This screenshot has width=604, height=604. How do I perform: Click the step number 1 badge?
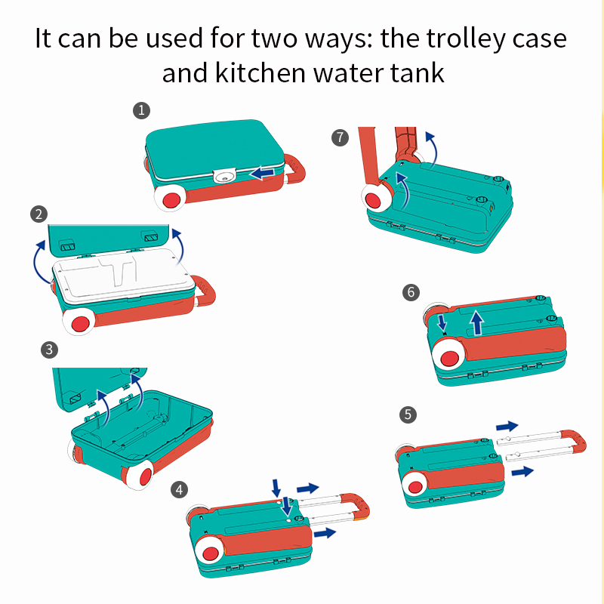click(x=141, y=110)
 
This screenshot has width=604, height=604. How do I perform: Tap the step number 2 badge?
click(x=39, y=214)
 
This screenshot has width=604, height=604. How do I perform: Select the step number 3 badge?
click(x=49, y=350)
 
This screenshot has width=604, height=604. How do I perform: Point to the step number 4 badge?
click(x=179, y=490)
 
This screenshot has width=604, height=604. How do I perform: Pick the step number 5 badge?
click(x=408, y=414)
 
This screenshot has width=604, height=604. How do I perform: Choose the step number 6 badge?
click(x=411, y=292)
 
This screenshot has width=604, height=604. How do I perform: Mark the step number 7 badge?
click(x=341, y=137)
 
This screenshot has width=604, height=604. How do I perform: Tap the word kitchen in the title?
click(x=260, y=72)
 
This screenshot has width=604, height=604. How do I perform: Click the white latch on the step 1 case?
click(x=225, y=176)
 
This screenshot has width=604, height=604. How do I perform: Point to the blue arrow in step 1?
click(x=262, y=173)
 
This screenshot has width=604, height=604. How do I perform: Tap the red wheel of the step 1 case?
click(x=171, y=200)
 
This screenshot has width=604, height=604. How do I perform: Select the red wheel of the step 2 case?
click(x=81, y=324)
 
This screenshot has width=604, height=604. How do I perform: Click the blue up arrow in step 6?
click(x=477, y=323)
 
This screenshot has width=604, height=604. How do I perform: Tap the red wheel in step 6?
click(x=449, y=358)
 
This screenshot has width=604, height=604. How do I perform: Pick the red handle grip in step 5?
click(x=575, y=442)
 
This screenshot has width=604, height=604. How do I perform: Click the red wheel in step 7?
click(x=373, y=200)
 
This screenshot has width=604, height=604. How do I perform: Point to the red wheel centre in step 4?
click(x=211, y=553)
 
